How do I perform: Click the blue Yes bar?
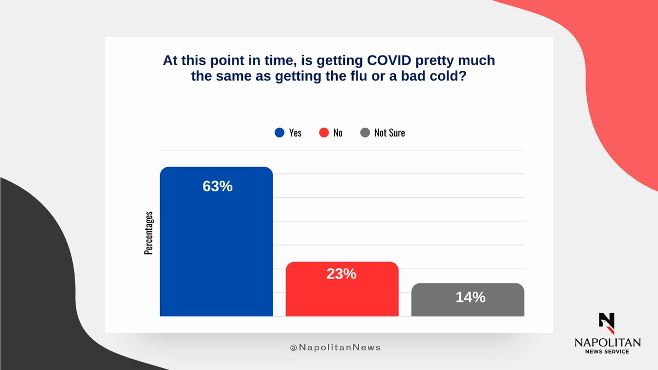coord(216,241)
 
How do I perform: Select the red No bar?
coord(342,289)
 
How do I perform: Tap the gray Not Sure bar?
coord(468,299)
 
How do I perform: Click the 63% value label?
coord(217,186)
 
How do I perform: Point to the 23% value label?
coord(341,274)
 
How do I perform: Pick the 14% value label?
coord(470,297)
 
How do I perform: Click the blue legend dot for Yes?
coord(279,133)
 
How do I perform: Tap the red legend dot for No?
coord(324,133)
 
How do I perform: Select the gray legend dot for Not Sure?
coord(365,133)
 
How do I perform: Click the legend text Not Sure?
coord(389,133)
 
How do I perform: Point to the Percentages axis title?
coord(149,233)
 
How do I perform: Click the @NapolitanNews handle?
coord(335,348)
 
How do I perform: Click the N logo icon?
coord(606,323)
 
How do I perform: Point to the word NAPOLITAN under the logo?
coord(608,343)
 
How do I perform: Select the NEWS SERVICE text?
coord(607,351)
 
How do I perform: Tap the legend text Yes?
coord(295,133)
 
